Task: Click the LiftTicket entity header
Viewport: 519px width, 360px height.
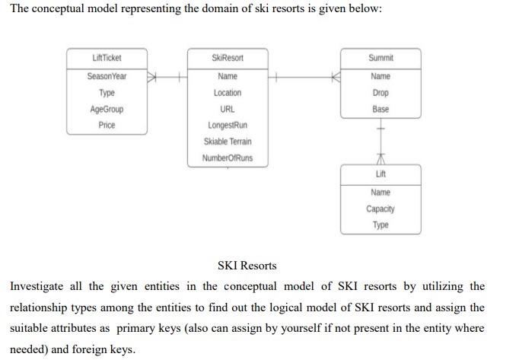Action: click(107, 58)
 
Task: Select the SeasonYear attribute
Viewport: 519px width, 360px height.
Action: click(107, 76)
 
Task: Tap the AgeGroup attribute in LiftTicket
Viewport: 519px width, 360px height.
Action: click(107, 109)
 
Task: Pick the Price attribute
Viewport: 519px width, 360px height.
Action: click(107, 125)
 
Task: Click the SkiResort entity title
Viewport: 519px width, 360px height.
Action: click(228, 58)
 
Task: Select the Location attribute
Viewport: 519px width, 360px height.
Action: click(228, 93)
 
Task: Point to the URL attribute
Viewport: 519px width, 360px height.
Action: click(228, 109)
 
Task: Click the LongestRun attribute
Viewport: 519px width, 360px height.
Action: click(228, 125)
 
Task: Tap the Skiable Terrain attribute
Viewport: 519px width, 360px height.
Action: click(228, 142)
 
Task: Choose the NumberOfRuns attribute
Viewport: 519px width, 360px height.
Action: click(228, 158)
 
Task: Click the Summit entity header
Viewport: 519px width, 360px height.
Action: click(380, 58)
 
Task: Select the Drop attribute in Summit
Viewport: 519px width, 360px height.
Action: click(380, 93)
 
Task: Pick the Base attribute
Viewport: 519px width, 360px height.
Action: click(380, 109)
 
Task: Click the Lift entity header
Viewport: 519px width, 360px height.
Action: click(380, 174)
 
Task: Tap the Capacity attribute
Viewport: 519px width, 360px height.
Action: click(380, 209)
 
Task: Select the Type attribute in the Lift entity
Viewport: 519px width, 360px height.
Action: click(380, 225)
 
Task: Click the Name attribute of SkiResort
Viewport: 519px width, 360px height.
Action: click(228, 76)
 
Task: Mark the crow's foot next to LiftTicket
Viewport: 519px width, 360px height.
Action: click(152, 76)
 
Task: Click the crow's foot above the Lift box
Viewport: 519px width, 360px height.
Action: click(380, 159)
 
